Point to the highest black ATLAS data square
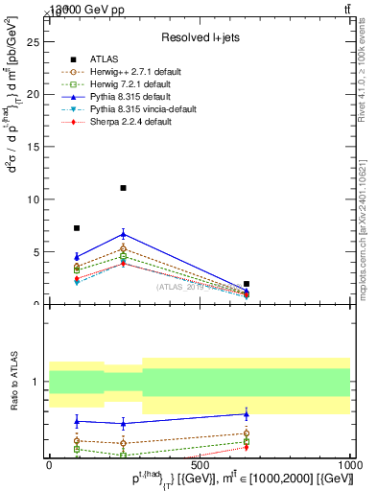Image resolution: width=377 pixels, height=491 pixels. click(x=123, y=188)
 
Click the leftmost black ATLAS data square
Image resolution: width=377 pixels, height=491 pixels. click(x=77, y=228)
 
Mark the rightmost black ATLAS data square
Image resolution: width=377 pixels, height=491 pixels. click(x=247, y=284)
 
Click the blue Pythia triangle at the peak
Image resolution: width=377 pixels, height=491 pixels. click(x=123, y=233)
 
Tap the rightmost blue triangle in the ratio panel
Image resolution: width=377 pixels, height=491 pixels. click(x=247, y=414)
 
